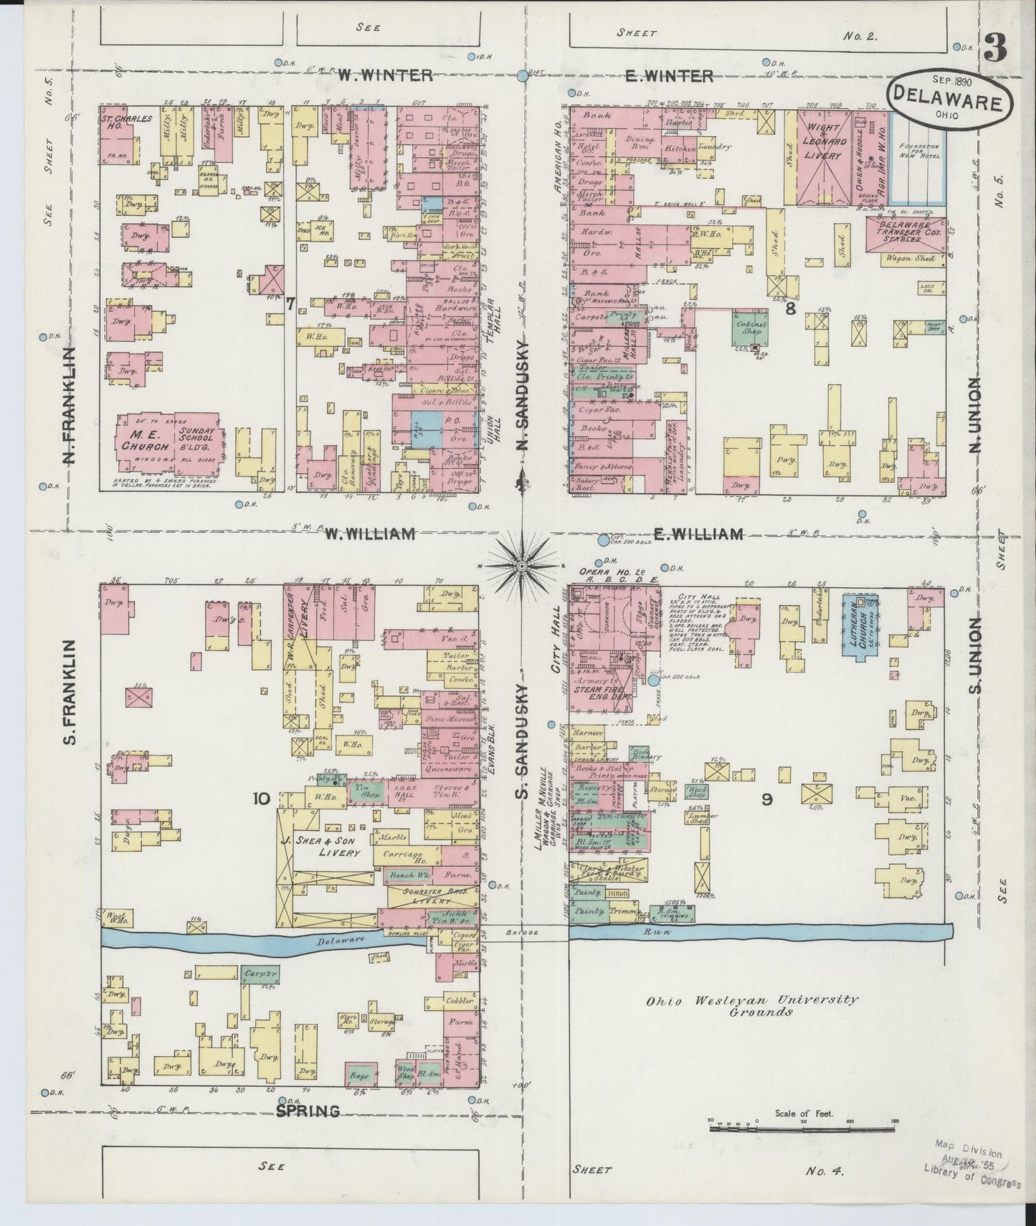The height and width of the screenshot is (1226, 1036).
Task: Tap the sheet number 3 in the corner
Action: [x=995, y=49]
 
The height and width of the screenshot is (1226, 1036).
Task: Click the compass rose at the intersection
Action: [x=522, y=566]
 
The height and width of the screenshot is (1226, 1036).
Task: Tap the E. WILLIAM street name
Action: [x=697, y=533]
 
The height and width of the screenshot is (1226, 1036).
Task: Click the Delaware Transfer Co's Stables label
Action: [x=903, y=233]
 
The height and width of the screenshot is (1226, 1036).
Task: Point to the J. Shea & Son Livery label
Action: [x=328, y=847]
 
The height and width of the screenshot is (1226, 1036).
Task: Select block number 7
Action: [x=290, y=303]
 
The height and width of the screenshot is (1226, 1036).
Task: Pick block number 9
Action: [x=766, y=800]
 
